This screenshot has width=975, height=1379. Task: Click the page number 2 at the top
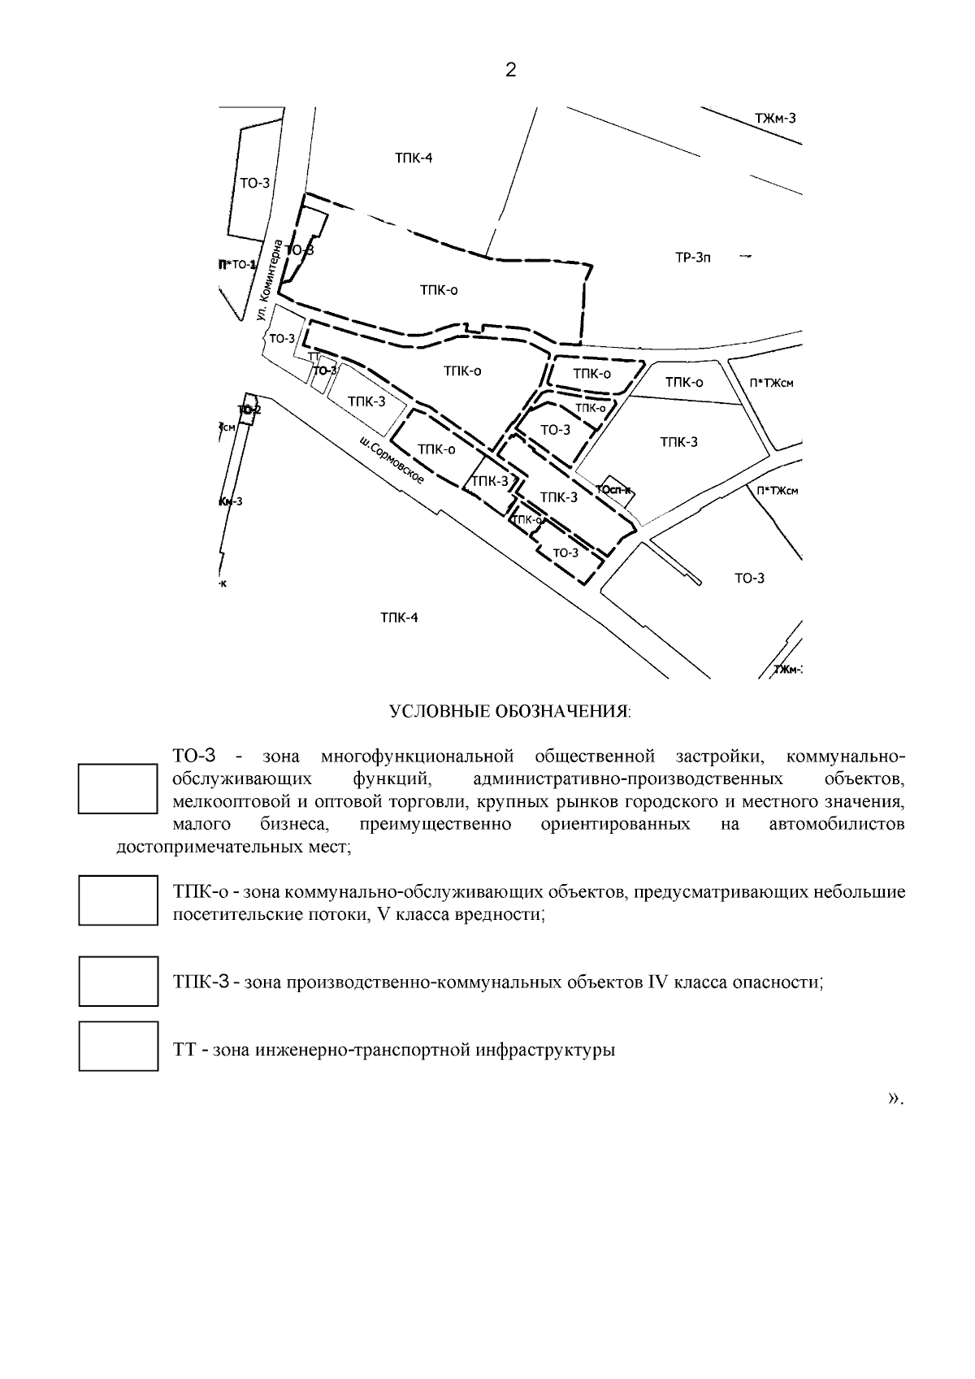tap(510, 71)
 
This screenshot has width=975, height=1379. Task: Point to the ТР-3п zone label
tap(693, 259)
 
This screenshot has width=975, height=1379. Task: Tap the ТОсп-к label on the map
tap(613, 489)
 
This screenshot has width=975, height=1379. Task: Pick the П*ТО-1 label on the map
tap(236, 265)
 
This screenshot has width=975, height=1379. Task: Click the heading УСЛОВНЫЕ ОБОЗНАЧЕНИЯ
tap(510, 712)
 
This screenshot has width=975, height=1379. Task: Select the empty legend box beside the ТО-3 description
tap(117, 788)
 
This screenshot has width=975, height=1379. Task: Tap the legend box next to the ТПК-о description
tap(118, 900)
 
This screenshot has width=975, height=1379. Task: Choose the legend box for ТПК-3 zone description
tap(118, 981)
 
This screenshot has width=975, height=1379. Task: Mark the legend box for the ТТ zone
tap(118, 1046)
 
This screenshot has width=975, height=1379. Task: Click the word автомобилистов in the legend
tap(836, 825)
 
